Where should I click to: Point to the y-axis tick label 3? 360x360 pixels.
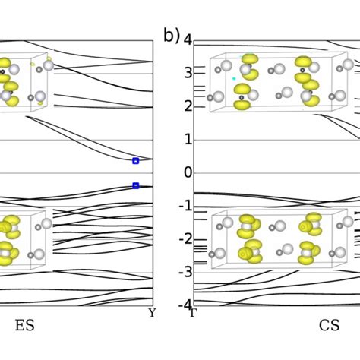tap(188, 73)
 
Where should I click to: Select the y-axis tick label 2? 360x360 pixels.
tap(188, 106)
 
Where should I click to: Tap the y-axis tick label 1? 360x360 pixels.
tap(188, 140)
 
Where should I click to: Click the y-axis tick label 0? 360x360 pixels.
tap(188, 172)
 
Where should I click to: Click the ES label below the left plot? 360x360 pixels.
tap(24, 326)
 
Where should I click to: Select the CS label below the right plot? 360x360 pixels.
tap(329, 326)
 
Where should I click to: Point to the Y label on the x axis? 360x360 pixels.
tap(152, 312)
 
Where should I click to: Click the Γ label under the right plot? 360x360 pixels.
tap(193, 312)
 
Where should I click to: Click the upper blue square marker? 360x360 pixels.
tap(136, 161)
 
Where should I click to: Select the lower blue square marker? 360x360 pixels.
tap(136, 185)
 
